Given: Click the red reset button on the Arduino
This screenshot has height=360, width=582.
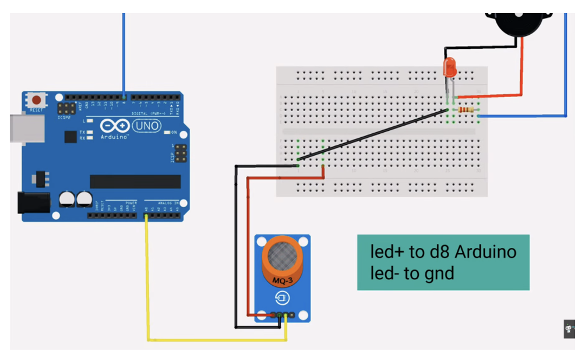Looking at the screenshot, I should pyautogui.click(x=37, y=100).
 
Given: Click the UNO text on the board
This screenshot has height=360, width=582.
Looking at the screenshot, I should pyautogui.click(x=147, y=126).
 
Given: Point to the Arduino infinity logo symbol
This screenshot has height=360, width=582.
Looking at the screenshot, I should pyautogui.click(x=114, y=126).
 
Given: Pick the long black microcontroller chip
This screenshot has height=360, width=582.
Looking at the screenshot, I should pyautogui.click(x=135, y=182).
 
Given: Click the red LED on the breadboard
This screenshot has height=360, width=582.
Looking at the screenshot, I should pyautogui.click(x=450, y=68).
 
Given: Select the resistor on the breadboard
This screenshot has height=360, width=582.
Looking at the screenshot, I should pyautogui.click(x=465, y=110).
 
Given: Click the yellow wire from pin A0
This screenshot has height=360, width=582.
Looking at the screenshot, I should pyautogui.click(x=147, y=282).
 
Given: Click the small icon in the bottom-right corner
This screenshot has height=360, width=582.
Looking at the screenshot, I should pyautogui.click(x=569, y=329).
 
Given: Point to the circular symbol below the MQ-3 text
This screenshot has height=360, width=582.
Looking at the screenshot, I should pyautogui.click(x=282, y=298).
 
